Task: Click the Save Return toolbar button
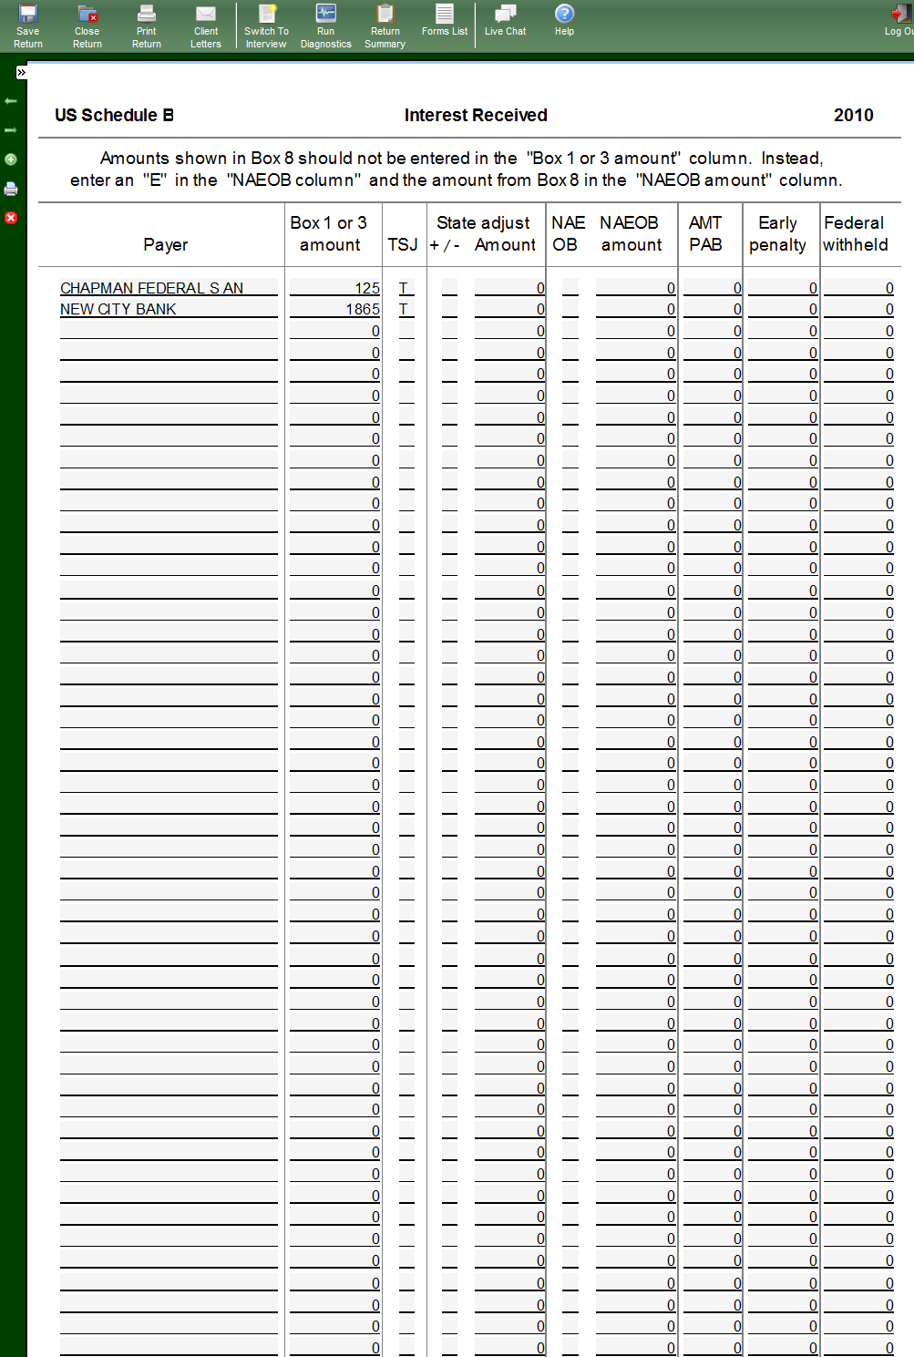click(28, 26)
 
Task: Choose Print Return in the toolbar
click(146, 26)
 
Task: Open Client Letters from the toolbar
click(206, 26)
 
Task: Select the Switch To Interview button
click(266, 26)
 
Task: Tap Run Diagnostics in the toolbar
click(325, 26)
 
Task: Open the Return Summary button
click(385, 26)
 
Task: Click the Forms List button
click(445, 20)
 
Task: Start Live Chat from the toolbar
click(505, 20)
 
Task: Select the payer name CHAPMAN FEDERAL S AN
click(151, 288)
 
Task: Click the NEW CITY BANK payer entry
click(118, 309)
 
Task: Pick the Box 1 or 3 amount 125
click(367, 288)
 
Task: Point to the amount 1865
click(363, 309)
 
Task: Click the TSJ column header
click(403, 244)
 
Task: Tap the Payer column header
click(165, 244)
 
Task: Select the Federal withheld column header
click(855, 233)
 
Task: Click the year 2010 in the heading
click(853, 115)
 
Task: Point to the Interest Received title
click(476, 115)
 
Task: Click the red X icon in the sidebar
click(11, 218)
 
